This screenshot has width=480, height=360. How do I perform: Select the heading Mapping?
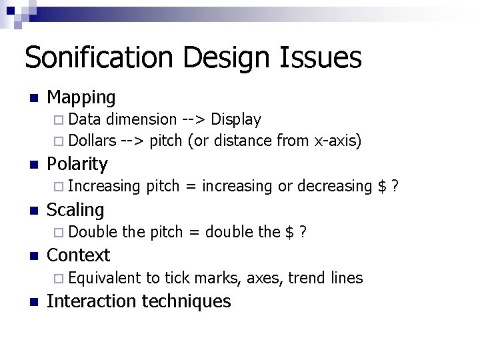click(x=81, y=98)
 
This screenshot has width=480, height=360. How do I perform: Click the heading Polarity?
click(x=77, y=164)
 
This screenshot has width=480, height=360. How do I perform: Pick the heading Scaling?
click(x=75, y=210)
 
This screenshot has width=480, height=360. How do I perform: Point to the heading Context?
click(x=79, y=255)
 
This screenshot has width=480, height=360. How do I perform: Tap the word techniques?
click(x=187, y=301)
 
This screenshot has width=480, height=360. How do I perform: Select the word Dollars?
click(x=92, y=141)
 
